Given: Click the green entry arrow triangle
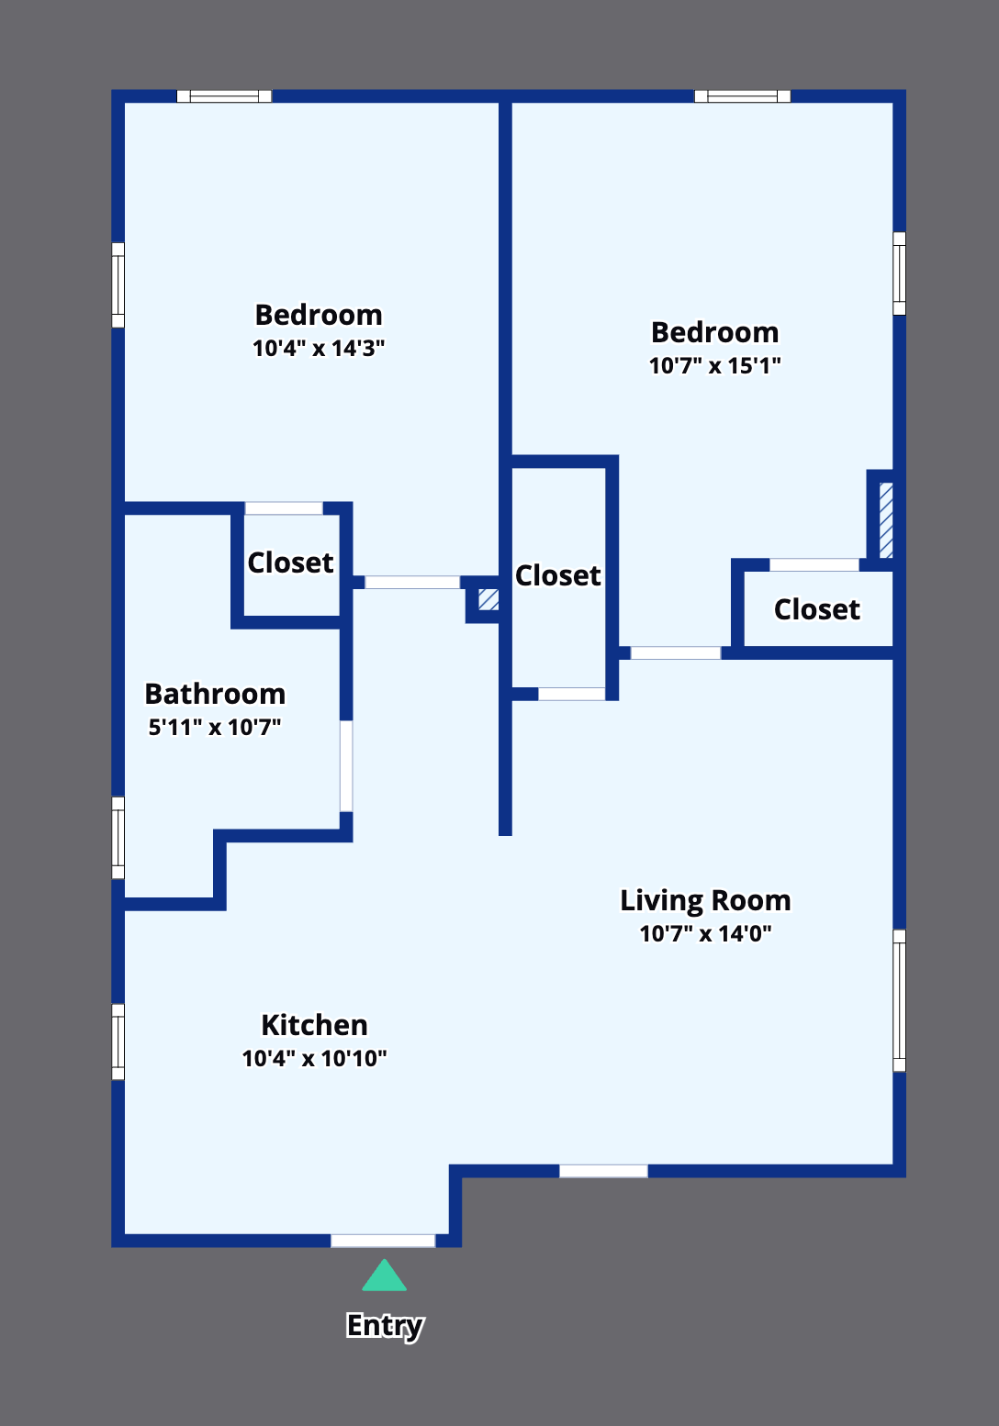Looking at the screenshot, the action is (384, 1276).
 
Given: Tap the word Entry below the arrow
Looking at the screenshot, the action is (385, 1326).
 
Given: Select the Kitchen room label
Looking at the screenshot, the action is (315, 1026).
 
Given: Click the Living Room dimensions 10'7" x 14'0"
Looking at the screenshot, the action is (705, 934).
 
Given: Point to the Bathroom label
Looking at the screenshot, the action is (216, 694).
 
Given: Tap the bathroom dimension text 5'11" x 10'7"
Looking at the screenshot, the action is (215, 727).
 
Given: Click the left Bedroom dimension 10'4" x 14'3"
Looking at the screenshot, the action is (319, 348).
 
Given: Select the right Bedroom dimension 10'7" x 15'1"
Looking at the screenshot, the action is (715, 365).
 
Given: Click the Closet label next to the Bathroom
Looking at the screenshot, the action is (290, 563).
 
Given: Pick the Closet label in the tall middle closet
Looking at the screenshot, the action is (558, 575).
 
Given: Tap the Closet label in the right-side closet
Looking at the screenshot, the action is (817, 609).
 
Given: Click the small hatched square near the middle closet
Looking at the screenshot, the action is (488, 599).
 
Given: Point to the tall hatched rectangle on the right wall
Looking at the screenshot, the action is (886, 520).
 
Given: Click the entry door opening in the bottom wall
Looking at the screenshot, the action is (383, 1240).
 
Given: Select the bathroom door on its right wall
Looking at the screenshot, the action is (346, 766).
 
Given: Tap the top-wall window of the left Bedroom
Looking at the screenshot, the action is (224, 96).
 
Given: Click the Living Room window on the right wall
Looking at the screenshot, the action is (899, 1000).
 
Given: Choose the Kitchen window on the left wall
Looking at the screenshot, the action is (118, 1042).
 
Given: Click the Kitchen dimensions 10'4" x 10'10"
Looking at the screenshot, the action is (315, 1059).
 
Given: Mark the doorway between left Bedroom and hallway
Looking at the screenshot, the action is (412, 582).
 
